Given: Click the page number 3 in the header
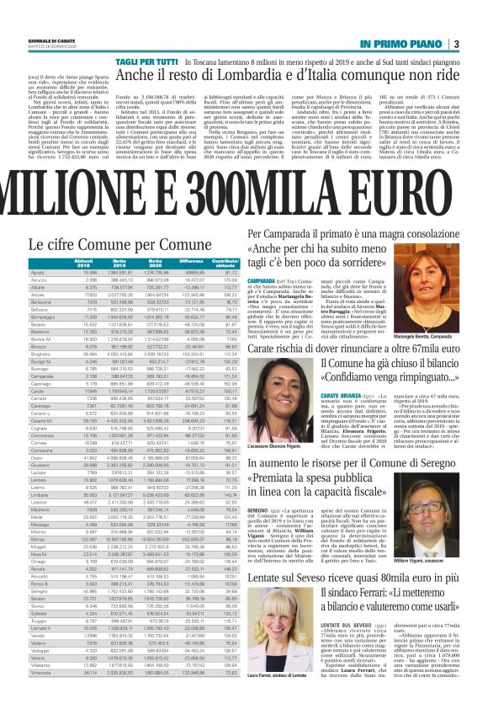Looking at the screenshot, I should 478,43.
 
